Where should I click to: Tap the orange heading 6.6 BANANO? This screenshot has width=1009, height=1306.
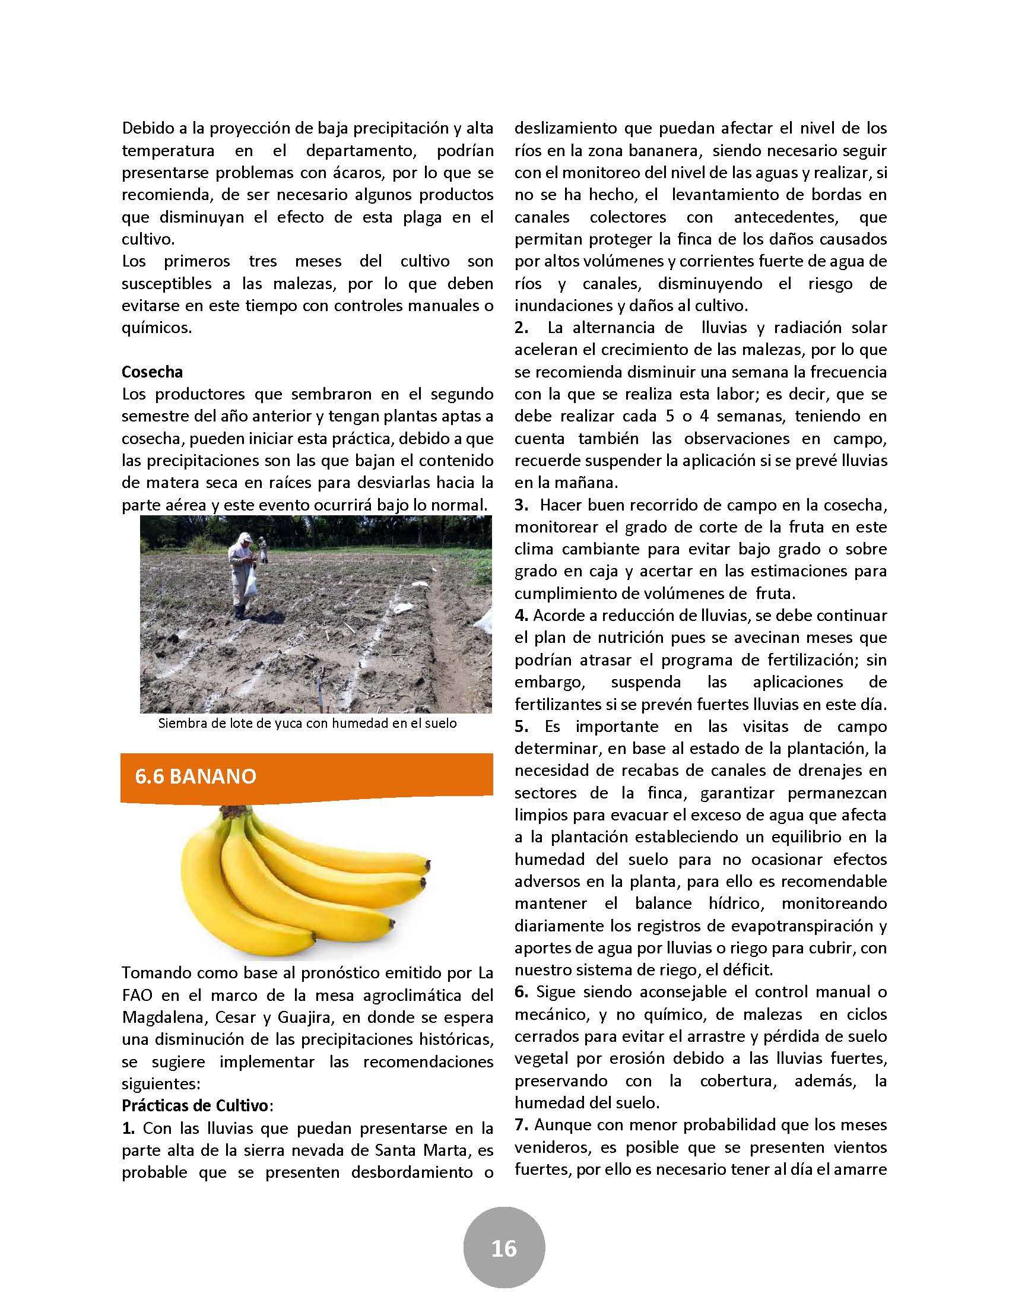195,776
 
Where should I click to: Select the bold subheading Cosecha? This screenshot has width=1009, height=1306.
152,372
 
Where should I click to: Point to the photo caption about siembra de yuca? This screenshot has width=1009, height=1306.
307,723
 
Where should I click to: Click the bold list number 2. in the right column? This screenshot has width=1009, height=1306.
521,328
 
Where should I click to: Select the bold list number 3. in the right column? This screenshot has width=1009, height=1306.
521,505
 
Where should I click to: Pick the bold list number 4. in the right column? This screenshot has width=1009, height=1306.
521,616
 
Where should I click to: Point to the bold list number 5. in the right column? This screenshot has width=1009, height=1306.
521,726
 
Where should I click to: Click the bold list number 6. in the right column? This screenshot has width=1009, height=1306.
521,991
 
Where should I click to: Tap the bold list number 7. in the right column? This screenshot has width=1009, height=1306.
521,1124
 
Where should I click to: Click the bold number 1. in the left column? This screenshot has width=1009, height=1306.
128,1128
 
